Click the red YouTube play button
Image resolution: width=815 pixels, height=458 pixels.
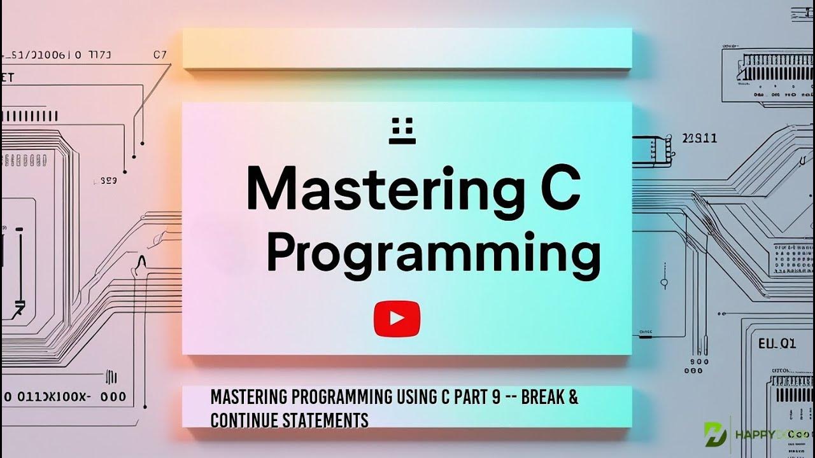(397, 318)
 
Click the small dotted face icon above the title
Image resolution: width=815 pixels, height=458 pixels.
(402, 130)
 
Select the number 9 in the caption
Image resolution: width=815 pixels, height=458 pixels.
(496, 398)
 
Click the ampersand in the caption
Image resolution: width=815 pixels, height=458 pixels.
(573, 398)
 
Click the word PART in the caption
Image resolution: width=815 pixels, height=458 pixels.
(470, 398)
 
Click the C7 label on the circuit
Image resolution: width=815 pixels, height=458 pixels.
(160, 55)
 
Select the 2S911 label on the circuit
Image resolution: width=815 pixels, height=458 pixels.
(699, 138)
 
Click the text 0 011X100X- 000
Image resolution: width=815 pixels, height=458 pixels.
(64, 397)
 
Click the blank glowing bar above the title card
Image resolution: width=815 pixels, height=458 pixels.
(407, 49)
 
